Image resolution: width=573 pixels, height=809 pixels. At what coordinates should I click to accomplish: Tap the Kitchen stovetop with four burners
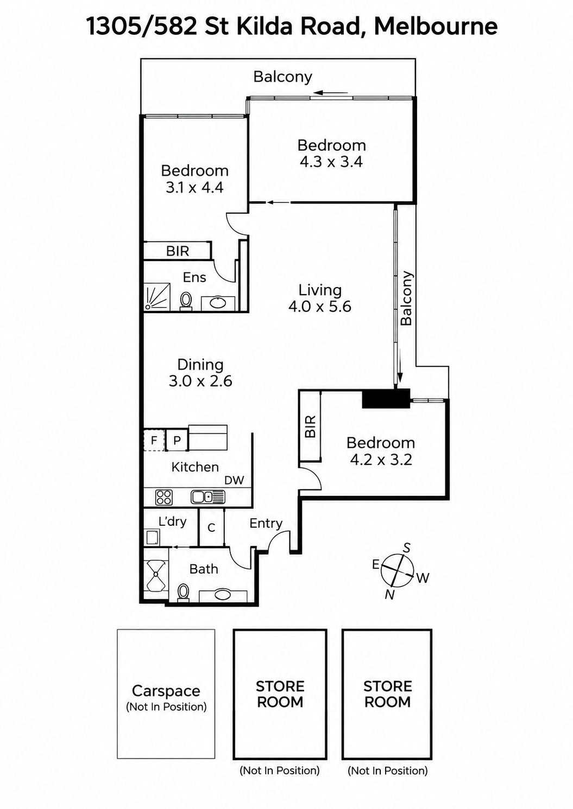coord(164,497)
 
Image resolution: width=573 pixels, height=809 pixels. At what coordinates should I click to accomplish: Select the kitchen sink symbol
coord(208,497)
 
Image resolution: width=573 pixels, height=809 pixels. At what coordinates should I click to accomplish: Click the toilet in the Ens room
coord(186,301)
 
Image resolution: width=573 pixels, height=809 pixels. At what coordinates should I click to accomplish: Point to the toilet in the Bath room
coord(183,593)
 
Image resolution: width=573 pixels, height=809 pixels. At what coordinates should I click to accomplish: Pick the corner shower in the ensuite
coord(157,296)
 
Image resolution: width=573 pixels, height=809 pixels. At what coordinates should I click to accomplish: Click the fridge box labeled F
coord(154,440)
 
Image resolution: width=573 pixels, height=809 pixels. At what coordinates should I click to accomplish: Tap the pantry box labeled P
coord(177,440)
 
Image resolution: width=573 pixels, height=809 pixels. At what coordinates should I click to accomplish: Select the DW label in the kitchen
coord(234,480)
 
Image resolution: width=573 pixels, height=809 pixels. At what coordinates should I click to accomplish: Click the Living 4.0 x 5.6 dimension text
coord(320,306)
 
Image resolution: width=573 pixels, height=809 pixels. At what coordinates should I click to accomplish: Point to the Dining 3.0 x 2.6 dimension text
coord(200,381)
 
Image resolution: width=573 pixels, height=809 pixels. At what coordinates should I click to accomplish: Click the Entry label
coord(266,523)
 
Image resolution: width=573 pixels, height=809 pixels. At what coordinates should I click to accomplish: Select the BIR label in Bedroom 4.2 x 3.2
coord(311,426)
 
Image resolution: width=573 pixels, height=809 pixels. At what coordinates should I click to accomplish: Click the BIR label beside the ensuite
coord(178,251)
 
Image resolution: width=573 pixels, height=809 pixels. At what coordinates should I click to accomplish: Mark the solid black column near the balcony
coord(386,399)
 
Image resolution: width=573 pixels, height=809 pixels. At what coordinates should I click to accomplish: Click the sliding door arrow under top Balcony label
coord(331,93)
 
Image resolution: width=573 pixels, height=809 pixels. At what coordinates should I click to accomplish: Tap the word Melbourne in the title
coord(436,27)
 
